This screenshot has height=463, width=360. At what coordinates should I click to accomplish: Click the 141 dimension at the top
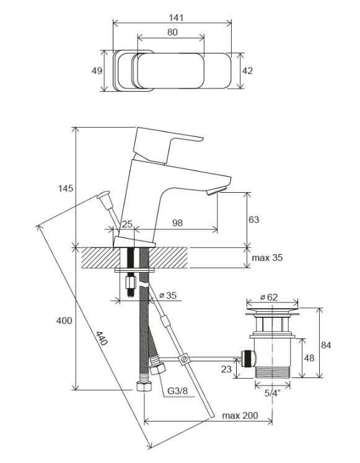pos(176,18)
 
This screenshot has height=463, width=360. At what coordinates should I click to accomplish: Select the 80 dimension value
pos(173,32)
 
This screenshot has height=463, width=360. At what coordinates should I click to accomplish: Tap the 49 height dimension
pos(97,71)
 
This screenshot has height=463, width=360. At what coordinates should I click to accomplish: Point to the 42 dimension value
pos(247,71)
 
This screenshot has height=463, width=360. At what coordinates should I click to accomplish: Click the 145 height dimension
pos(65,188)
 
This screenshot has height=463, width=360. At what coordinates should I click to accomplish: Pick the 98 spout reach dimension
pos(177,223)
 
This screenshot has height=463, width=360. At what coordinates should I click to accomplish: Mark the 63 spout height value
pos(254,219)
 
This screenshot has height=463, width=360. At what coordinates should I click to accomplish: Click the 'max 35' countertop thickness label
pos(267,258)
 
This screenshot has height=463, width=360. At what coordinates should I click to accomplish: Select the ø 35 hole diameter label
pos(168,295)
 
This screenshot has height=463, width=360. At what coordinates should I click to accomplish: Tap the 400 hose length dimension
pos(64,320)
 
